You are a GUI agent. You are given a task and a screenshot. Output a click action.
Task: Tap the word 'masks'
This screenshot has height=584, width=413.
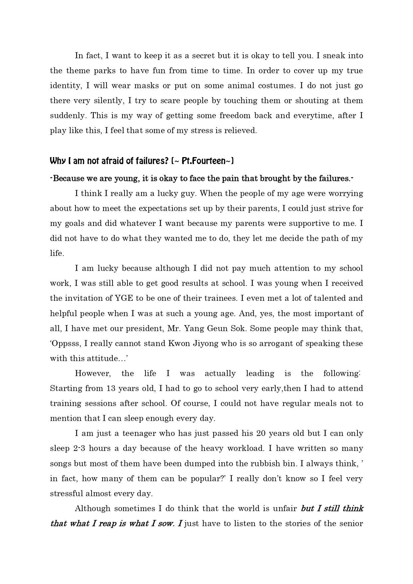tap(146, 86)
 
